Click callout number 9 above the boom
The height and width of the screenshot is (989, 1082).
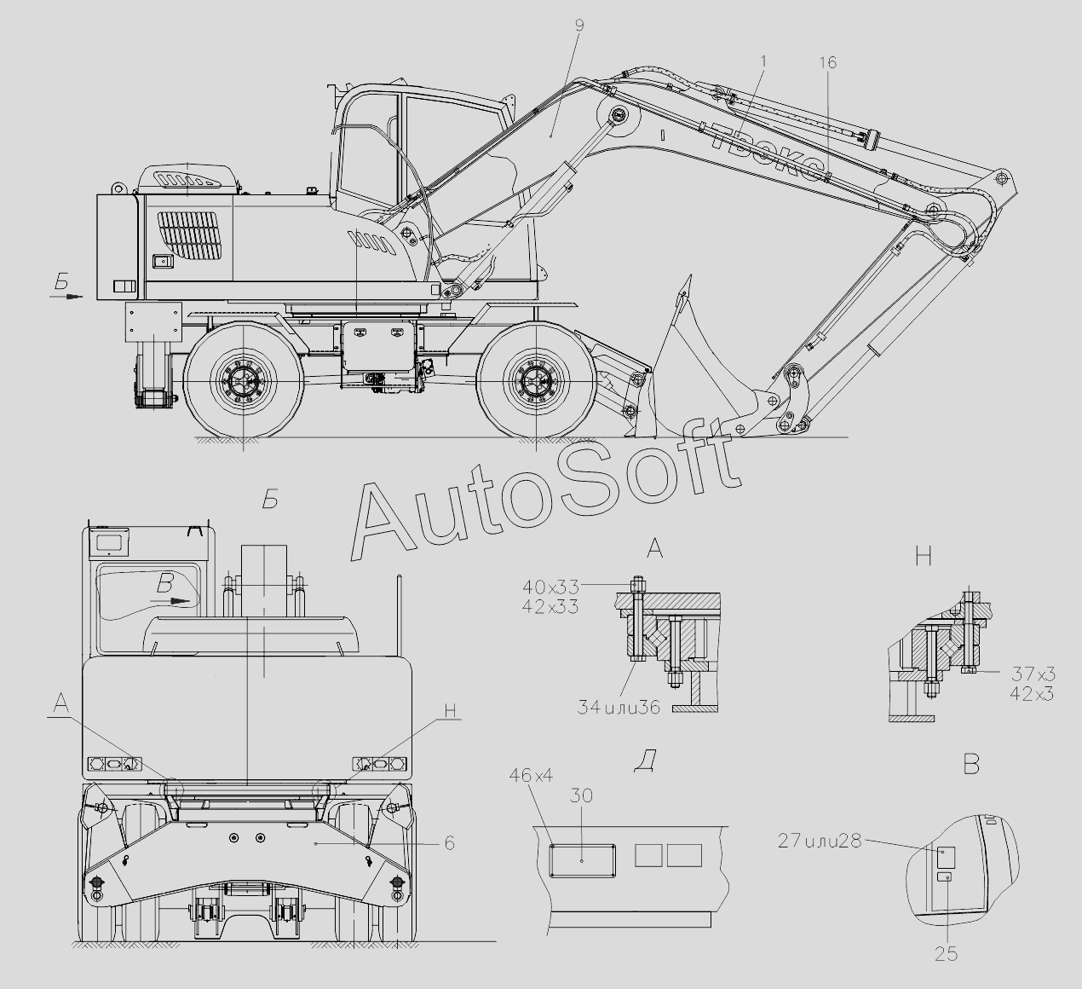coord(580,26)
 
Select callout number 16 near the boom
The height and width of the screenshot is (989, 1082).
coord(828,62)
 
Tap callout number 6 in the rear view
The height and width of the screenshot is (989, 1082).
coord(450,842)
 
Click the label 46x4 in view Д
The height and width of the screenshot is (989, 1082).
coord(532,776)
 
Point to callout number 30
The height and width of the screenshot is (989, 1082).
coord(581,795)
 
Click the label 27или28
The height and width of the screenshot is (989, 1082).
coord(820,842)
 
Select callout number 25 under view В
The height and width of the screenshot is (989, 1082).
coord(946,954)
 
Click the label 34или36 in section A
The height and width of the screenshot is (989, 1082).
coord(619,708)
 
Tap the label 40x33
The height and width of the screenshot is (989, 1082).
coord(550,587)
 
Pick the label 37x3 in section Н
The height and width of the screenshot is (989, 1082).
coord(1033,674)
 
